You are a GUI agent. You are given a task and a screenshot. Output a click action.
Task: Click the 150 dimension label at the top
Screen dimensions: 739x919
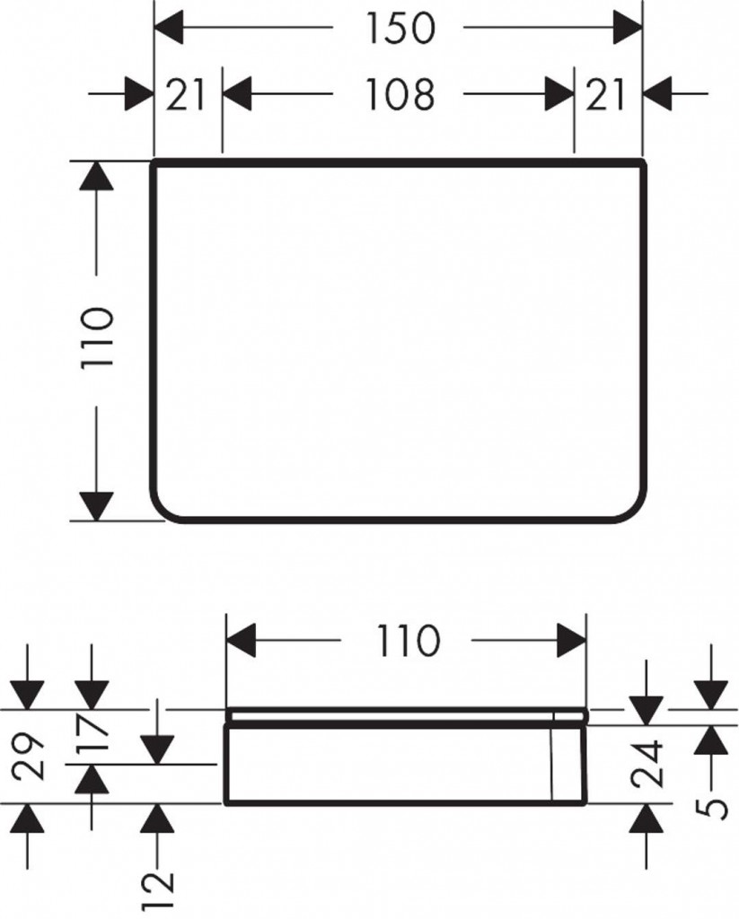tap(401, 28)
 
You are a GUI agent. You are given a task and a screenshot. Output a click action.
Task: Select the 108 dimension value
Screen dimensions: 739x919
tap(400, 93)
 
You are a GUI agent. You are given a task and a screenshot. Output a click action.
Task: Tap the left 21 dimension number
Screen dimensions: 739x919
tap(185, 95)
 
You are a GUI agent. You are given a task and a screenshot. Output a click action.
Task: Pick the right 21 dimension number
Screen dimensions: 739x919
tap(605, 95)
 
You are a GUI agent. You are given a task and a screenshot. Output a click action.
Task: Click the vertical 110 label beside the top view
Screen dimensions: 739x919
tap(97, 338)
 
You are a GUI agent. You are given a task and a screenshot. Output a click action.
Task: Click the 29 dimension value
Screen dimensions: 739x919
tap(29, 757)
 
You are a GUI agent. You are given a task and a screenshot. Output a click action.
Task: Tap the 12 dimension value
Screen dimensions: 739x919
tap(158, 889)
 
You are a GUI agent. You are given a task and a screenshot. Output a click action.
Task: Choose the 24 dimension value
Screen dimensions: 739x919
tap(647, 763)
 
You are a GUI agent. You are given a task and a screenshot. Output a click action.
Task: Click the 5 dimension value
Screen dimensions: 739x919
tap(711, 809)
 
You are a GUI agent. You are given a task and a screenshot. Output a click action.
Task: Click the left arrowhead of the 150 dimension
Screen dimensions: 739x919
tap(168, 28)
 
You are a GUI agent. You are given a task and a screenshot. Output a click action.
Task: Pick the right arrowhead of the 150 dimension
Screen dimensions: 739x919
tap(629, 28)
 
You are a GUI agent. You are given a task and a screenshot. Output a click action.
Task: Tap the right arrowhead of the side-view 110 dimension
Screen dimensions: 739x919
tap(572, 641)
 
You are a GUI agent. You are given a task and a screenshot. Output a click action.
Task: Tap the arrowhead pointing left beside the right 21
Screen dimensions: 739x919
tap(658, 93)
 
